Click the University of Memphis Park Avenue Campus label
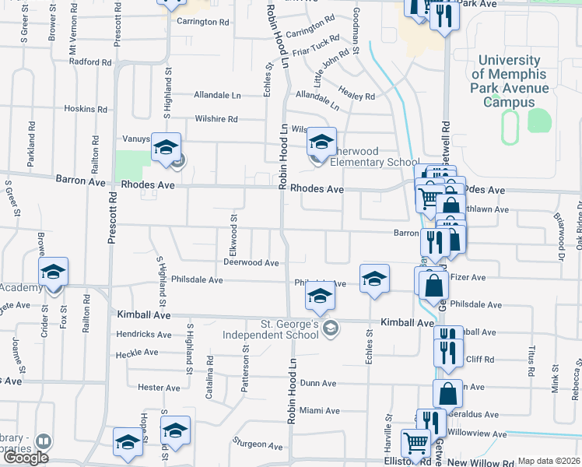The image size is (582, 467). [509, 81]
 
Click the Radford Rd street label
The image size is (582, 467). [90, 61]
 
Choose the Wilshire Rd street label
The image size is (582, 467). [216, 119]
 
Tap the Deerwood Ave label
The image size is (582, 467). [251, 263]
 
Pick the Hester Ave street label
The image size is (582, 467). [158, 388]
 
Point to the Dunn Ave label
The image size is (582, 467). [317, 384]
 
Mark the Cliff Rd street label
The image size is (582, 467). [472, 359]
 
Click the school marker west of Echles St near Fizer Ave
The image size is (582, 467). [374, 279]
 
